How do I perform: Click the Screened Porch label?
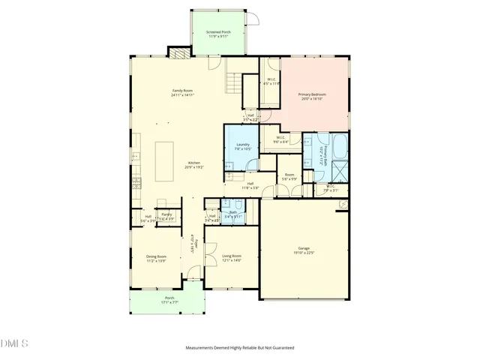click(x=218, y=34)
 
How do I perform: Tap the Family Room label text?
click(x=182, y=92)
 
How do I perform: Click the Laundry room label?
click(x=242, y=146)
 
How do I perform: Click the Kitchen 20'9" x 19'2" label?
click(x=193, y=166)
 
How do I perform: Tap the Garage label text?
click(x=304, y=250)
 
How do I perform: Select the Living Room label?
click(x=232, y=258)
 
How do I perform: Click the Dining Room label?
click(x=156, y=258)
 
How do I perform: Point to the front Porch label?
click(x=169, y=300)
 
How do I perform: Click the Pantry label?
click(x=166, y=217)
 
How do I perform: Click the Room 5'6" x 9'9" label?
click(x=289, y=178)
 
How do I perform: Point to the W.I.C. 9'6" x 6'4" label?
click(x=280, y=139)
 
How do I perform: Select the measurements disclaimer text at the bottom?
click(x=240, y=348)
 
